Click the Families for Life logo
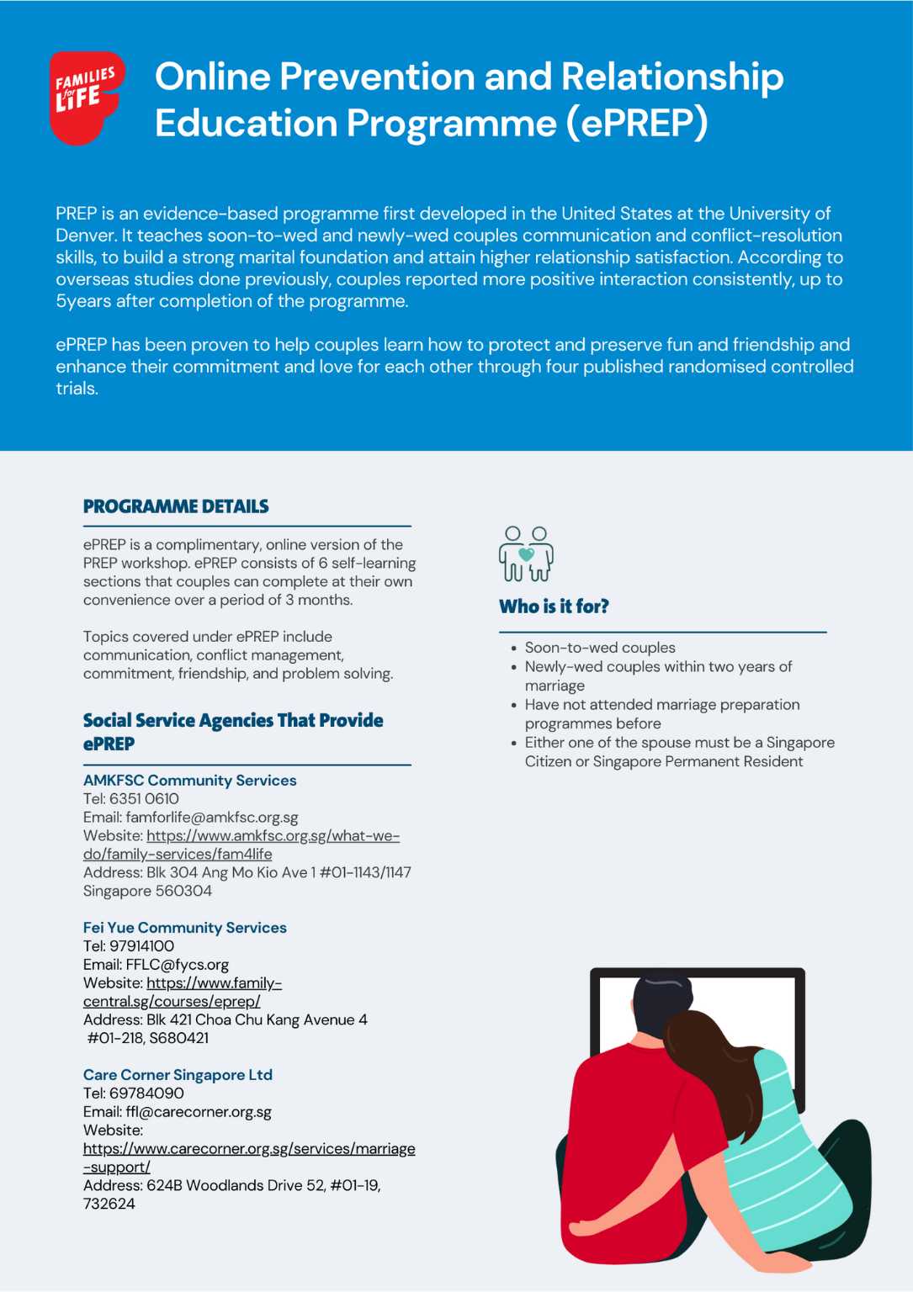coord(87,97)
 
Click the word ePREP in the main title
coord(636,124)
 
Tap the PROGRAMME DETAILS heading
coord(176,506)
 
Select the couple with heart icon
coord(526,553)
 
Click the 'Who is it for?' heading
coord(554,606)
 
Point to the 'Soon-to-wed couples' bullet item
coord(600,648)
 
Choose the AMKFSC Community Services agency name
coord(189,781)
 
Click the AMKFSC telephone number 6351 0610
coord(144,799)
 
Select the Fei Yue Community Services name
coord(184,928)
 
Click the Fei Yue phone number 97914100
coord(141,946)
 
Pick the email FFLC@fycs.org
coord(177,965)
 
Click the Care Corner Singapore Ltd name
coord(178,1075)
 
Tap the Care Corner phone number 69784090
coord(146,1093)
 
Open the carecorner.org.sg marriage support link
coord(249,1149)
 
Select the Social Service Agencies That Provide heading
coord(233,721)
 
